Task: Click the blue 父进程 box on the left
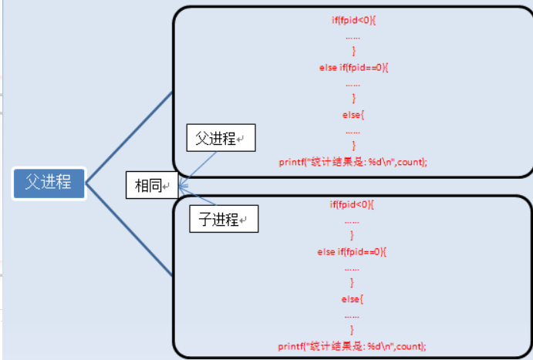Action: coord(48,183)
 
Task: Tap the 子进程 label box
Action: coord(224,220)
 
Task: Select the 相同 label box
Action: coord(151,186)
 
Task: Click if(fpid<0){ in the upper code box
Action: coord(353,19)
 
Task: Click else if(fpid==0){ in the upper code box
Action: coord(353,67)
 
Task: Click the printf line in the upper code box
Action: coord(353,162)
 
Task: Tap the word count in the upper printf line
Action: coord(413,162)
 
